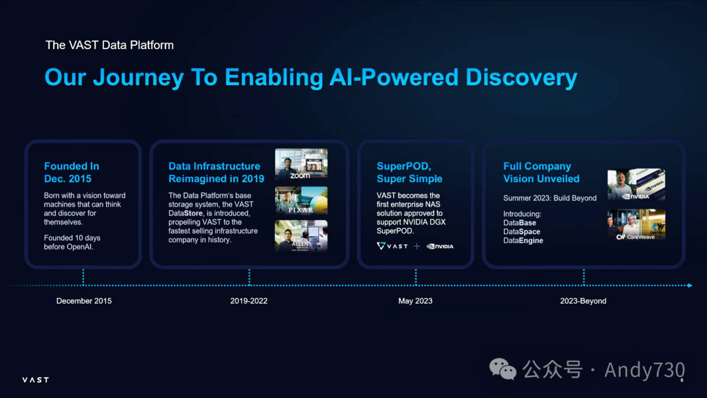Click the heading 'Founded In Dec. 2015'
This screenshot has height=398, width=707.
71,173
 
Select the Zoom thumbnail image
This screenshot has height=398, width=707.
301,164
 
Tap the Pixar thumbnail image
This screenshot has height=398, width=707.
301,200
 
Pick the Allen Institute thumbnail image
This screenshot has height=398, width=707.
301,236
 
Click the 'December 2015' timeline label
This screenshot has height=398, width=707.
84,301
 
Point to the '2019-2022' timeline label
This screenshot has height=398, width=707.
249,301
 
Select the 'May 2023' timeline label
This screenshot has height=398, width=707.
415,301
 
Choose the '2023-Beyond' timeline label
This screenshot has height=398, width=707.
583,301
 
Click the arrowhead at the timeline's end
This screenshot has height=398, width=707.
689,285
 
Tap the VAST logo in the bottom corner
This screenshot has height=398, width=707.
35,380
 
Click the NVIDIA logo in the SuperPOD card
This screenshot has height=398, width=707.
440,247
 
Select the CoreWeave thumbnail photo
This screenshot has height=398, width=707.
636,225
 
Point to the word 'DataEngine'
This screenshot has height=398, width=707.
523,241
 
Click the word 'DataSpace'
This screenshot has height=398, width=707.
522,232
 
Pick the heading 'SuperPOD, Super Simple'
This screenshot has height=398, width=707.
409,173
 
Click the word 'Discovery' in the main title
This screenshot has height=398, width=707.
521,77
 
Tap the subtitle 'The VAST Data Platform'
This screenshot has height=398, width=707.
109,45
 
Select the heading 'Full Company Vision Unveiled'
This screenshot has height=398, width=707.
541,173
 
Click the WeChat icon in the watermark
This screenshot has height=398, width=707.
503,370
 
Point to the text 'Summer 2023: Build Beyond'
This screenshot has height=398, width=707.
550,198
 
